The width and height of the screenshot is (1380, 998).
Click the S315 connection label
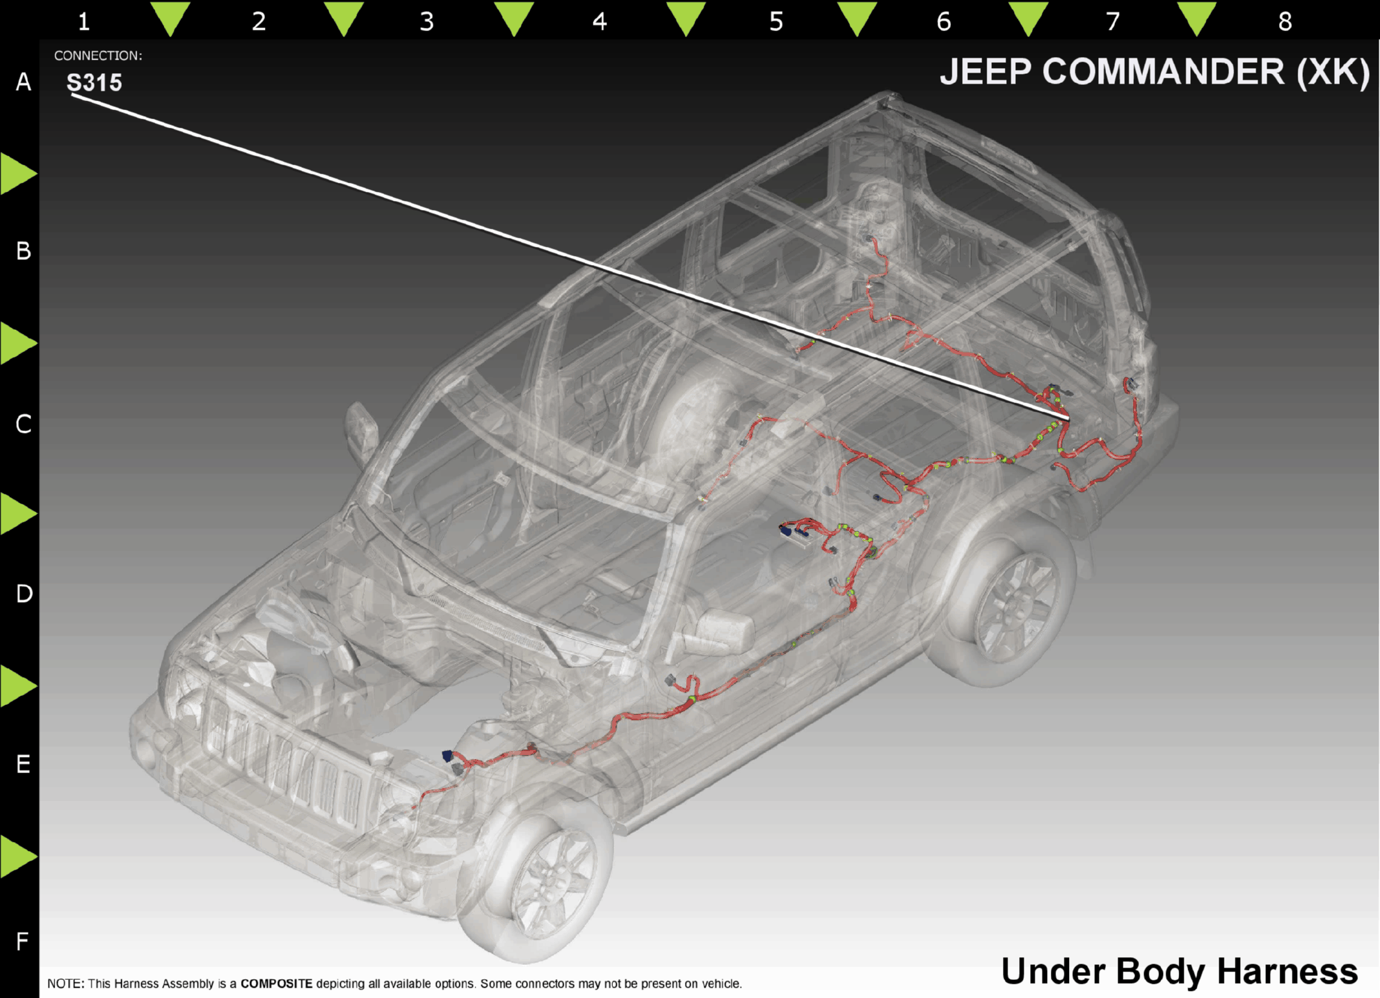pos(94,83)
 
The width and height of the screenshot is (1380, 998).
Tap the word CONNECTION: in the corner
pos(98,56)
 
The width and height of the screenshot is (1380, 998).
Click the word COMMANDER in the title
pos(1163,71)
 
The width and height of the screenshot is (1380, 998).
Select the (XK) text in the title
pos(1333,72)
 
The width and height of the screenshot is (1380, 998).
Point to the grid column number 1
pos(84,21)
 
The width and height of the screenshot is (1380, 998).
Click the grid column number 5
pos(776,21)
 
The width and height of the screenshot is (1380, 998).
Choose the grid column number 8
pos(1285,21)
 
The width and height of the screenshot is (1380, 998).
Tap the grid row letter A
pos(23,82)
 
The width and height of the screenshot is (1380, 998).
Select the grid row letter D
pos(24,594)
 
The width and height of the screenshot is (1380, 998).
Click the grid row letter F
pos(22,940)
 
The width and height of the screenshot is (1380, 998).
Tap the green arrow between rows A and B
pos(18,173)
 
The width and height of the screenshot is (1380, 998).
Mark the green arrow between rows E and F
pos(18,856)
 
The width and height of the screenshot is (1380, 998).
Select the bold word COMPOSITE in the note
pos(277,983)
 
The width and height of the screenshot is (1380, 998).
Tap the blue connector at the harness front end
pos(447,756)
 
